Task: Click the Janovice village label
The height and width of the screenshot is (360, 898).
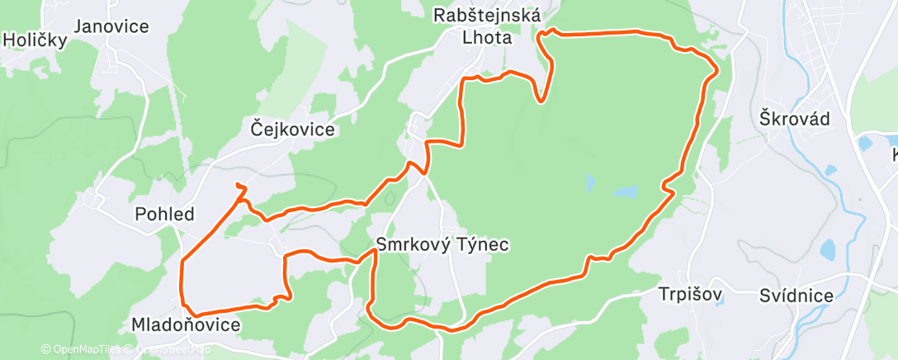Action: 111,26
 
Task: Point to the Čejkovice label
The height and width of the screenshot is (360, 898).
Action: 293,129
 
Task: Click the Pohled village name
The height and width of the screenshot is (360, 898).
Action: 165,215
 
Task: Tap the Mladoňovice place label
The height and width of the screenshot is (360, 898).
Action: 187,325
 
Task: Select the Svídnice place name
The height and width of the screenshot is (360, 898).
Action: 797,296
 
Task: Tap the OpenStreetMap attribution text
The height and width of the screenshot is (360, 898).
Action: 170,349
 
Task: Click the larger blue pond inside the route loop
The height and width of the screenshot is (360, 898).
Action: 625,192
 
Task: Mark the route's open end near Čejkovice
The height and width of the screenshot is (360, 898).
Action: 238,184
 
